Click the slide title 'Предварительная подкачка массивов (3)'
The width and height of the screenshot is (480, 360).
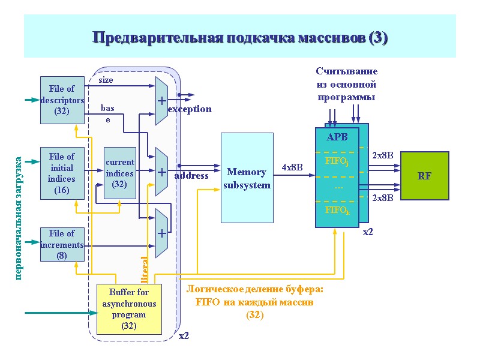click(240, 38)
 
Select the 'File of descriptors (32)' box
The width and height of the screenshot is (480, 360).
click(62, 100)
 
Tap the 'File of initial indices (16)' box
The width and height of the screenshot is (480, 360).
click(62, 173)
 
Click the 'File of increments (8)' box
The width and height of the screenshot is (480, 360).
click(62, 244)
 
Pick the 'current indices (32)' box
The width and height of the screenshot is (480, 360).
click(119, 173)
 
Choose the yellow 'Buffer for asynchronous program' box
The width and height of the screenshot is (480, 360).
click(129, 309)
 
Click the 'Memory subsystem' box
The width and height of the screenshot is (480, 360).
click(247, 178)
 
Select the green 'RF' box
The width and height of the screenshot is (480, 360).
click(424, 176)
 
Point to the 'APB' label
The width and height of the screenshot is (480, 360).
click(337, 137)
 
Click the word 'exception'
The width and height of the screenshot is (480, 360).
click(190, 109)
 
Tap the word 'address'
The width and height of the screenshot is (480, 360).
click(191, 176)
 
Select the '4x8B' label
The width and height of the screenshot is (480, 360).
click(293, 167)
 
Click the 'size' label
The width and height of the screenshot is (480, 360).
click(106, 80)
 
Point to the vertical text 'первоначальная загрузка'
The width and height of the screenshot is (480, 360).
click(19, 218)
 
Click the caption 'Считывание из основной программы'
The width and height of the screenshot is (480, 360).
click(346, 84)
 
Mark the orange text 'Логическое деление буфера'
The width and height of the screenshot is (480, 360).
click(255, 290)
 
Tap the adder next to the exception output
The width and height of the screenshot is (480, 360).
click(161, 101)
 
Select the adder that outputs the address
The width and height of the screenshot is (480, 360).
click(161, 172)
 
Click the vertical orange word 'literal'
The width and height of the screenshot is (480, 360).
click(144, 269)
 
